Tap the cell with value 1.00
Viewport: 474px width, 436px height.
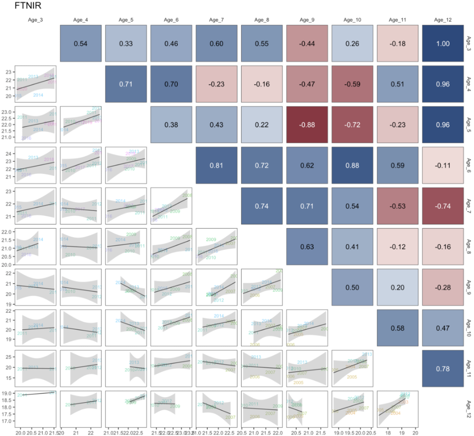442,43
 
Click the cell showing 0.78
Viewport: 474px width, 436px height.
442,369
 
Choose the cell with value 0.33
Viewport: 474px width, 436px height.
126,43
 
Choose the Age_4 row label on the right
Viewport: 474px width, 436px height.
468,84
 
